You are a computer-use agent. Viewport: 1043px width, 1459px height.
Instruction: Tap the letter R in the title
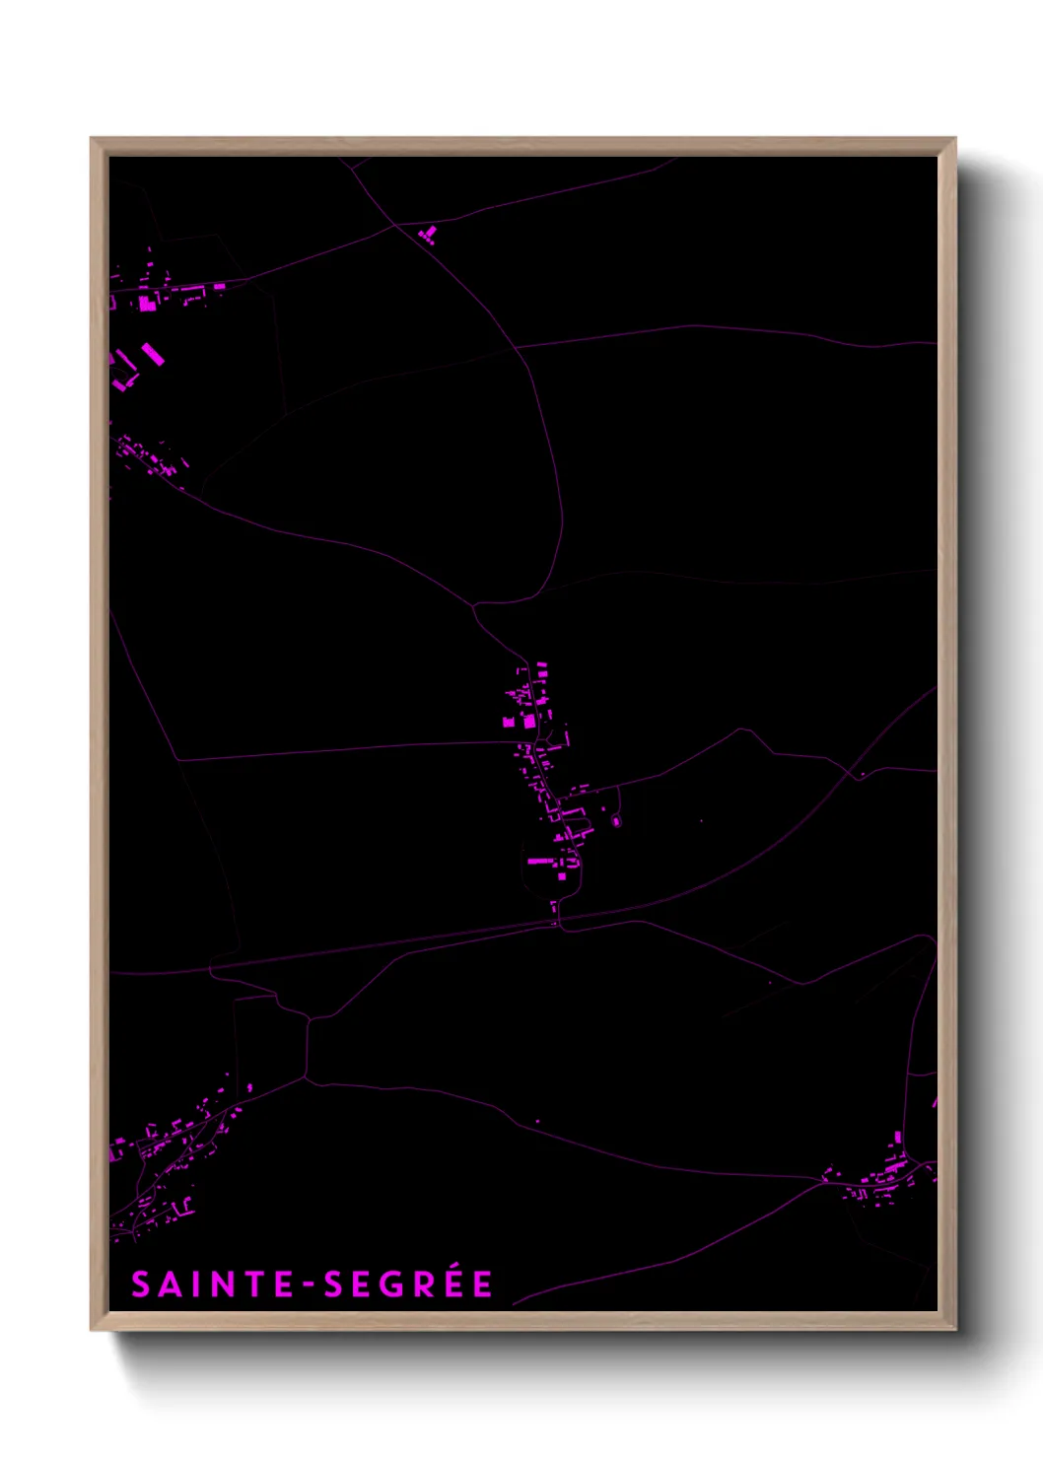point(425,1285)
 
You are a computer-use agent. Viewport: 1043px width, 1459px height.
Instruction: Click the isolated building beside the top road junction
point(428,235)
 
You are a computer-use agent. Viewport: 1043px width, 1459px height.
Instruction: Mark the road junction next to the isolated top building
point(395,225)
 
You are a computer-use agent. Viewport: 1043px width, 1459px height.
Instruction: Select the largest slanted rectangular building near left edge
point(152,354)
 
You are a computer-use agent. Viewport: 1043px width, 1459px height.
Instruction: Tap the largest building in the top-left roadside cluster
point(147,303)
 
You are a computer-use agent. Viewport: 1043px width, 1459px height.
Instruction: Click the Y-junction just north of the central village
point(475,605)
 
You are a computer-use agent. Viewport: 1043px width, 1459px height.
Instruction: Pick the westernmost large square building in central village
point(509,723)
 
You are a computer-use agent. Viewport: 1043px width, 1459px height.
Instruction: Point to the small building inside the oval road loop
point(616,820)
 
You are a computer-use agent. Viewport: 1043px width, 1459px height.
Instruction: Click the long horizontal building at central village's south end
point(540,861)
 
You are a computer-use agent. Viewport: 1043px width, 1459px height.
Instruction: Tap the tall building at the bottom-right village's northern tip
point(898,1138)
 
